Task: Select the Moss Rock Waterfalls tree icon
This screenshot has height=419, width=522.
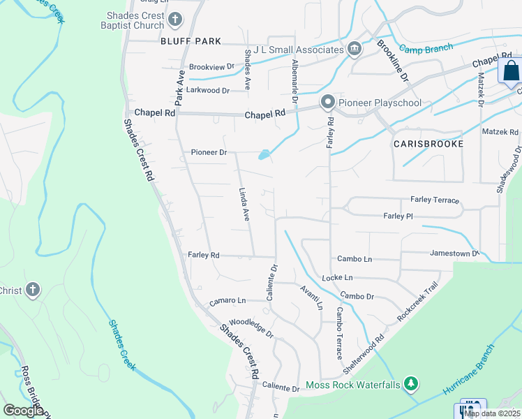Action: pyautogui.click(x=412, y=383)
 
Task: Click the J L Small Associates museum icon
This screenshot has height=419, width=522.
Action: pyautogui.click(x=354, y=49)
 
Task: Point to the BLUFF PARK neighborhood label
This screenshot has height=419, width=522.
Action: pyautogui.click(x=191, y=41)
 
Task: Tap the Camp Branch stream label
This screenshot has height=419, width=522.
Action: pyautogui.click(x=426, y=48)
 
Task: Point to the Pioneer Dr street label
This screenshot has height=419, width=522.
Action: pyautogui.click(x=209, y=152)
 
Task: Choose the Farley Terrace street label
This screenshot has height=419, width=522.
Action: pyautogui.click(x=435, y=200)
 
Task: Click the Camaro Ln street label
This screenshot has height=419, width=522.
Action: pyautogui.click(x=228, y=300)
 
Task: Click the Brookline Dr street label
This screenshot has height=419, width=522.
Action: pyautogui.click(x=393, y=61)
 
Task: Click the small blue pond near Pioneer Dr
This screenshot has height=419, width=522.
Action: pyautogui.click(x=264, y=154)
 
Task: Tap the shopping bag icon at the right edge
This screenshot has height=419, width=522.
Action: pyautogui.click(x=511, y=71)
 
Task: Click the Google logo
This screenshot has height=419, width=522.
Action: pyautogui.click(x=24, y=411)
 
